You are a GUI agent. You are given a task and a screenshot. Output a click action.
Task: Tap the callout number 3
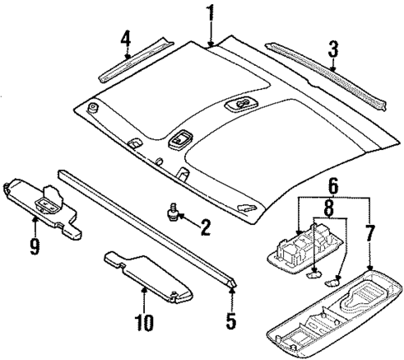coord(332,51)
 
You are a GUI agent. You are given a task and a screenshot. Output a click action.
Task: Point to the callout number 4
coord(125,39)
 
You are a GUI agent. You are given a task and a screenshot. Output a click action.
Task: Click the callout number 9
coord(34,247)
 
